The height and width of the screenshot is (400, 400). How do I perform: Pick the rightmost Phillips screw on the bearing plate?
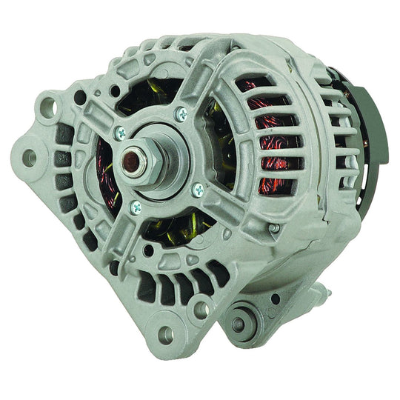click(198, 190)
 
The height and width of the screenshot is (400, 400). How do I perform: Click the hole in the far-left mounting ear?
click(30, 157)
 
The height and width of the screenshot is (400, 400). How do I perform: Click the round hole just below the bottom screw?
click(149, 251)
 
